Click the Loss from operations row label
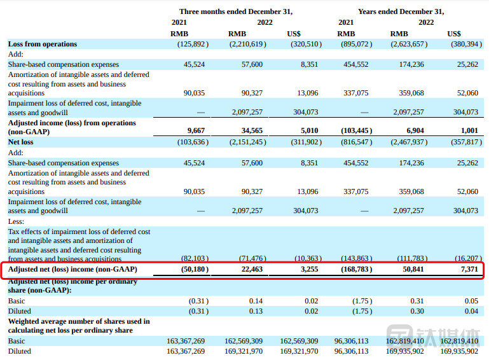[42, 44]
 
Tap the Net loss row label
[22, 142]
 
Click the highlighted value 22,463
[250, 270]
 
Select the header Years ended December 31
[401, 11]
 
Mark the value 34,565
[250, 131]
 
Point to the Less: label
[16, 221]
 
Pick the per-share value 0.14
[255, 301]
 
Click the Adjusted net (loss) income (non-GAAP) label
[72, 270]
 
